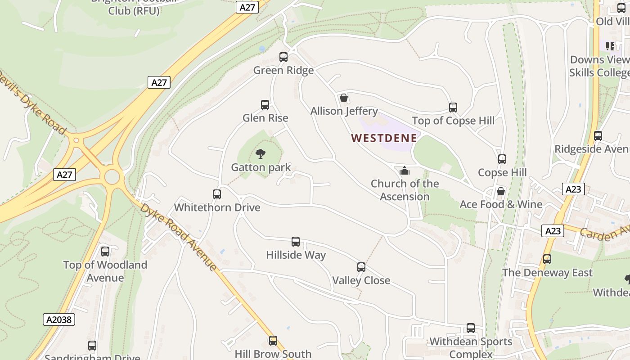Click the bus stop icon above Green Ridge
click(283, 57)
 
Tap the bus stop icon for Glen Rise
click(265, 105)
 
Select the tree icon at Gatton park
click(261, 154)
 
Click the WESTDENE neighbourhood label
click(384, 138)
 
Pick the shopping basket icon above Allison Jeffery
click(344, 98)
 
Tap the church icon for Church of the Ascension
click(405, 171)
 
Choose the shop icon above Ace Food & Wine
click(500, 191)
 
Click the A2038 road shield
click(59, 319)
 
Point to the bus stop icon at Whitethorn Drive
click(217, 194)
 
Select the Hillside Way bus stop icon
click(296, 242)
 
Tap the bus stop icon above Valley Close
click(361, 267)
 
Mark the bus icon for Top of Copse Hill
click(453, 108)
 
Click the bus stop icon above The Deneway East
click(547, 259)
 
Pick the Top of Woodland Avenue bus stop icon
click(105, 252)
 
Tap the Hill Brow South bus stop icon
click(273, 341)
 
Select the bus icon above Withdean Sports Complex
click(471, 328)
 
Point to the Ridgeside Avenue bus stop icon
click(598, 136)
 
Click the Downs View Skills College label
click(599, 66)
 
